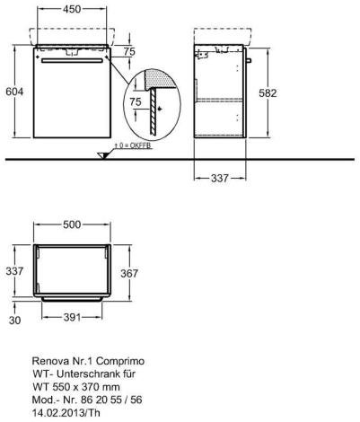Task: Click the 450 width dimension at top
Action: coord(72,9)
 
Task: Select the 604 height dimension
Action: coord(14,92)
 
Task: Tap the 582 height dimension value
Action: coord(268,93)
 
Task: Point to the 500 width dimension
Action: coord(72,224)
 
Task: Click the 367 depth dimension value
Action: coord(129,273)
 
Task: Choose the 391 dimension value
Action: coord(72,317)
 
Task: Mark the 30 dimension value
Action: coord(14,321)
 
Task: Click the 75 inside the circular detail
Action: coord(136,101)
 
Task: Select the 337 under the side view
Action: coord(220,179)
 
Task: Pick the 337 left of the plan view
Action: coord(14,271)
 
